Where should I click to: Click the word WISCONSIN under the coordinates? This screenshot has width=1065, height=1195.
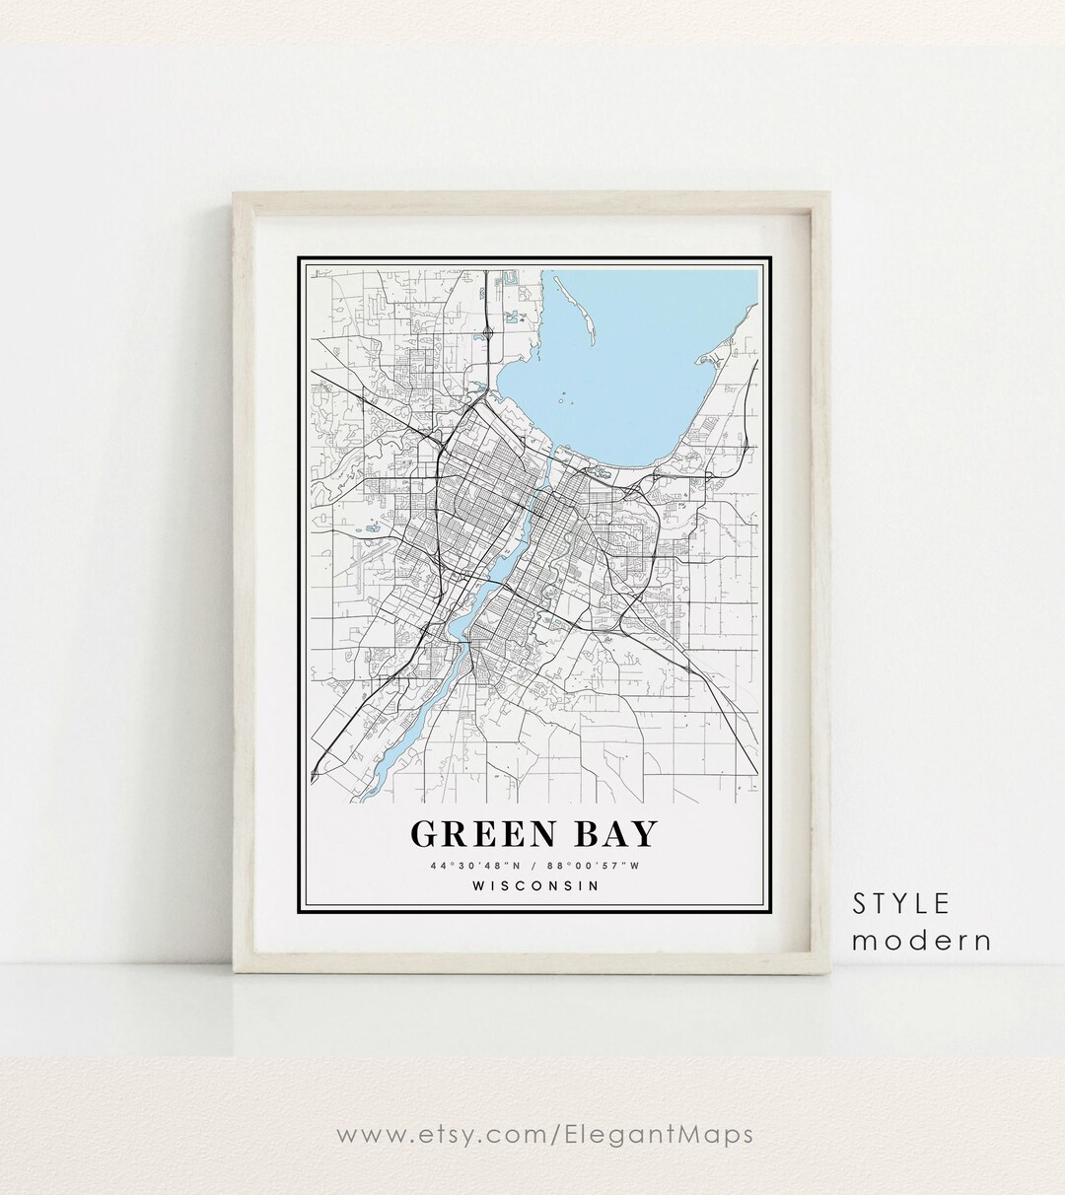pos(535,885)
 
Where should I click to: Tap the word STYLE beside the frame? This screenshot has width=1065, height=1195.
pos(901,903)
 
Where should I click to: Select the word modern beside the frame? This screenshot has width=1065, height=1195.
pos(921,940)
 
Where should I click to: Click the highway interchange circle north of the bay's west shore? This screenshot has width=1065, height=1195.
pos(489,334)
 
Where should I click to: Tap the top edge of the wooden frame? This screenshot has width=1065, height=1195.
pos(532,197)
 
